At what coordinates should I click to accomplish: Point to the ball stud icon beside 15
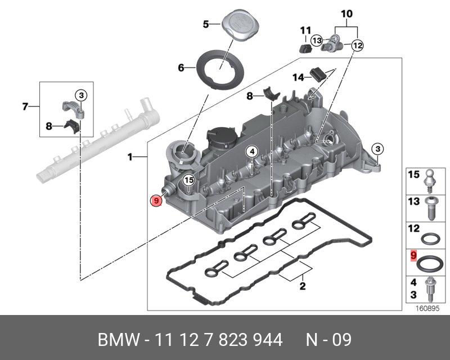[x=430, y=176]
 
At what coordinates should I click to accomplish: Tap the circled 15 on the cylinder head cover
[x=188, y=180]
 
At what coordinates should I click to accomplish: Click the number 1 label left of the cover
[x=130, y=157]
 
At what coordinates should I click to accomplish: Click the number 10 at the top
[x=346, y=13]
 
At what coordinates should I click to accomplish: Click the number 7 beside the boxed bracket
[x=25, y=106]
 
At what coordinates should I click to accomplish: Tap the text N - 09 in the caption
[x=328, y=340]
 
